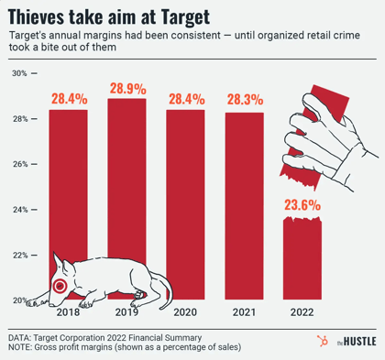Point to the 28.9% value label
pyautogui.click(x=127, y=89)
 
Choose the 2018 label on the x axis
pyautogui.click(x=69, y=312)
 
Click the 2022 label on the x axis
pyautogui.click(x=302, y=312)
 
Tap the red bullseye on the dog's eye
pyautogui.click(x=60, y=286)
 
